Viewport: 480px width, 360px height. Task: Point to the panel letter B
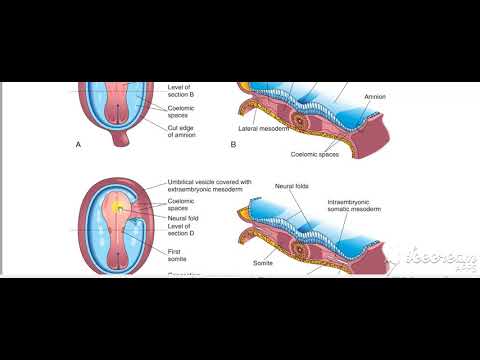(x=233, y=145)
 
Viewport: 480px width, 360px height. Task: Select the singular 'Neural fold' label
(x=186, y=217)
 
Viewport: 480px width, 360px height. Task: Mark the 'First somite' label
(x=181, y=253)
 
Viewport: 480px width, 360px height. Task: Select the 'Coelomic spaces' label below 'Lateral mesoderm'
(x=317, y=153)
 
